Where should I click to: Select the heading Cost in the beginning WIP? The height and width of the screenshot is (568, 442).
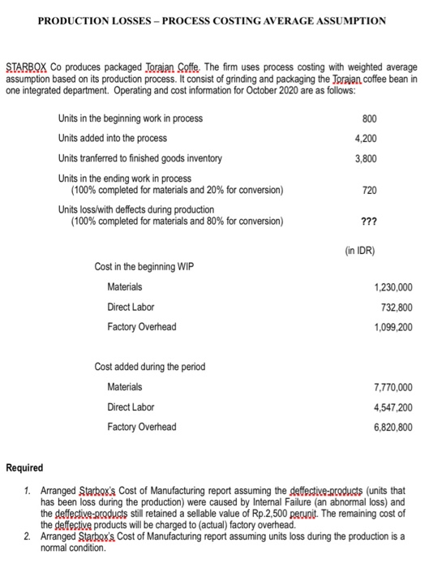(x=144, y=267)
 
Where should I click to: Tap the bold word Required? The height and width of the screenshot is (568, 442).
(x=24, y=468)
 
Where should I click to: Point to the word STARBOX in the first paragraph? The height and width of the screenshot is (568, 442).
(x=25, y=66)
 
